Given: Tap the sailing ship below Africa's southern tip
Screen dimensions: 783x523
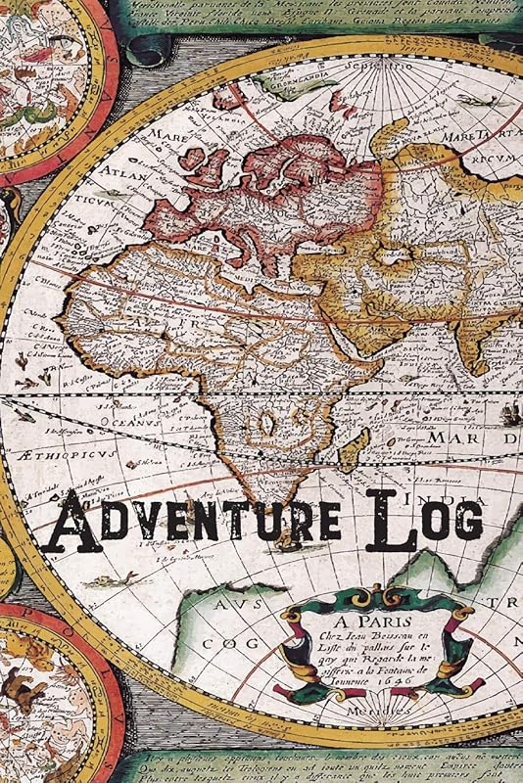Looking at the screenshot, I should click(x=287, y=537).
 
